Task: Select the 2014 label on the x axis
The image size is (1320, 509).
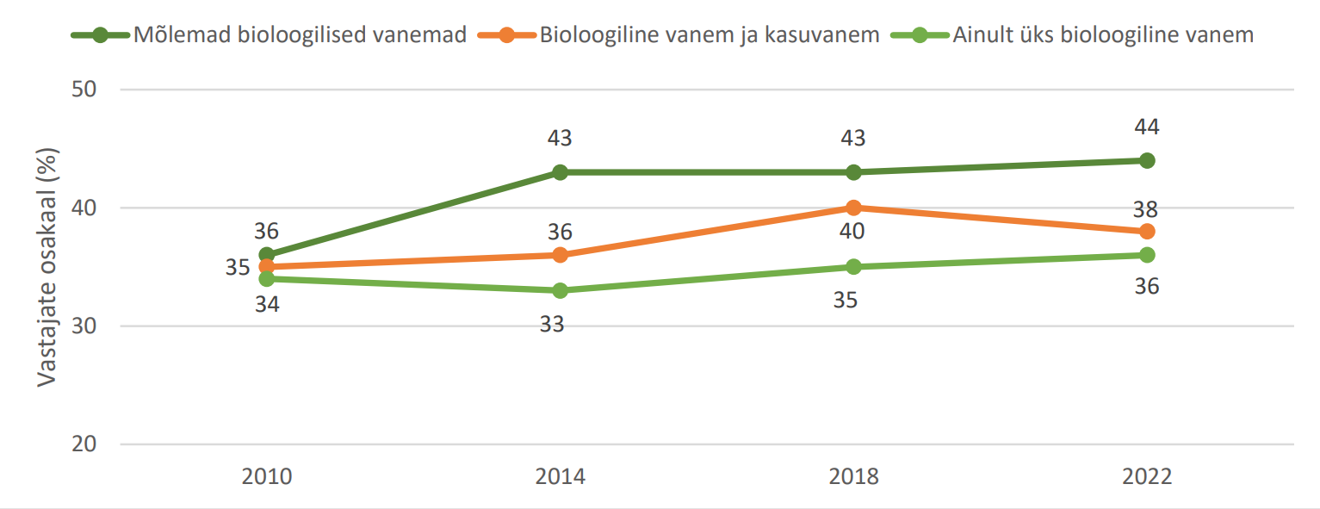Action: (560, 476)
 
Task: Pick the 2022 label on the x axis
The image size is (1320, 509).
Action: (1147, 476)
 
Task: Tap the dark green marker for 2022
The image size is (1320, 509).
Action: (1147, 160)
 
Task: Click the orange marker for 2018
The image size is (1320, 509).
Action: (853, 208)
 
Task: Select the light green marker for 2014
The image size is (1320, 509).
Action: (560, 290)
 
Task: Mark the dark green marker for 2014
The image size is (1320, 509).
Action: (560, 172)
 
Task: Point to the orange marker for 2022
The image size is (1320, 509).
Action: (1147, 232)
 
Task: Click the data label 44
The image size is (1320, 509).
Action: (1147, 127)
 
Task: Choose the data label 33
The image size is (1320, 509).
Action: (560, 325)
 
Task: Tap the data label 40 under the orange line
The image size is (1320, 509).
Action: (853, 232)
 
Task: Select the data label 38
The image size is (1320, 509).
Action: (1147, 209)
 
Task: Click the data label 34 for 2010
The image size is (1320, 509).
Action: (266, 304)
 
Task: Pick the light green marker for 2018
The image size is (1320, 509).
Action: (853, 267)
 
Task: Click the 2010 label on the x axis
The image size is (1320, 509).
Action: (267, 476)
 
